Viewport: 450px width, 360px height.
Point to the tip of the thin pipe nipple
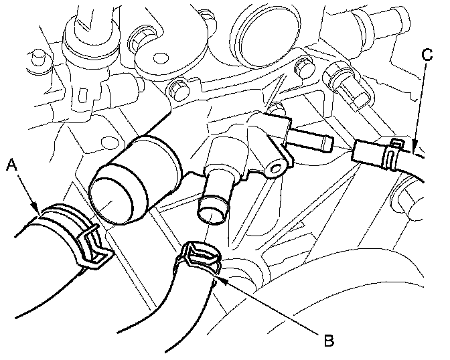[328, 143]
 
